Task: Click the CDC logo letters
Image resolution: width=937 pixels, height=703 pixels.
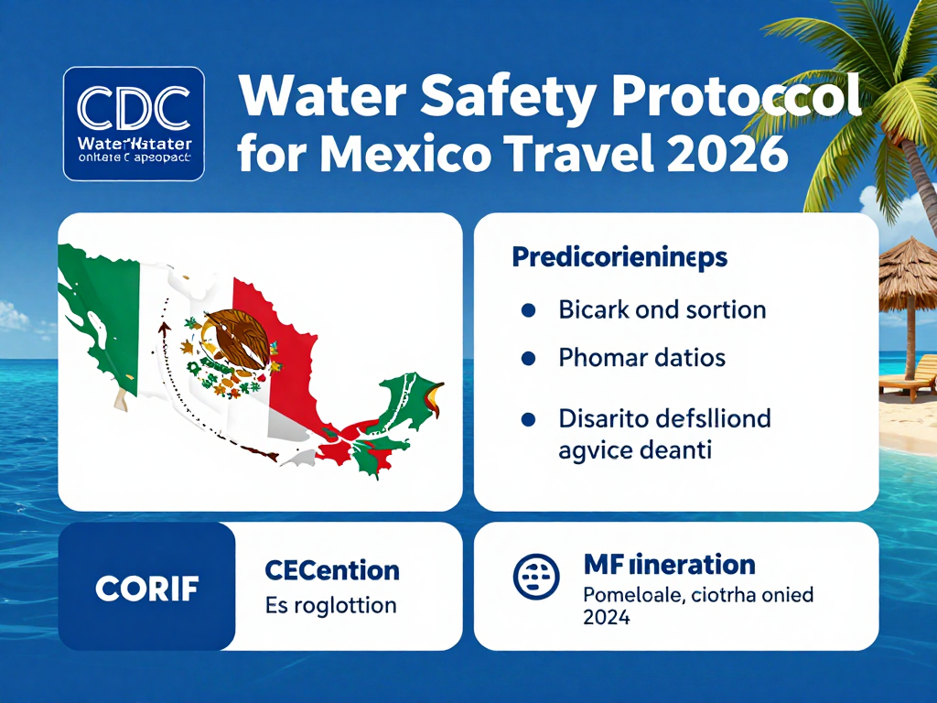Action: coord(134,108)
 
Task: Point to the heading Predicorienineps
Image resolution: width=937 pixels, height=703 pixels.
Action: coord(619,257)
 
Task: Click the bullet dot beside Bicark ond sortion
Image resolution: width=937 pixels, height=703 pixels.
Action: coord(527,309)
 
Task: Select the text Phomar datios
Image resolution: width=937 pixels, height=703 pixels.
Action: coord(641,357)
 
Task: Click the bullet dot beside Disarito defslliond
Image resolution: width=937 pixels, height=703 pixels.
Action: coord(527,419)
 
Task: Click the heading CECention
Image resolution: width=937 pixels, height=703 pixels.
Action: coord(331,570)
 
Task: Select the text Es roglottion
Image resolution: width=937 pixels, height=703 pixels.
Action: coord(330,605)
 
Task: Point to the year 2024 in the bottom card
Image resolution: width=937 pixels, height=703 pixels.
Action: coord(606,617)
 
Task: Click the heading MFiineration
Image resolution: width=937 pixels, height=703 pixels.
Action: coord(669,564)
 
